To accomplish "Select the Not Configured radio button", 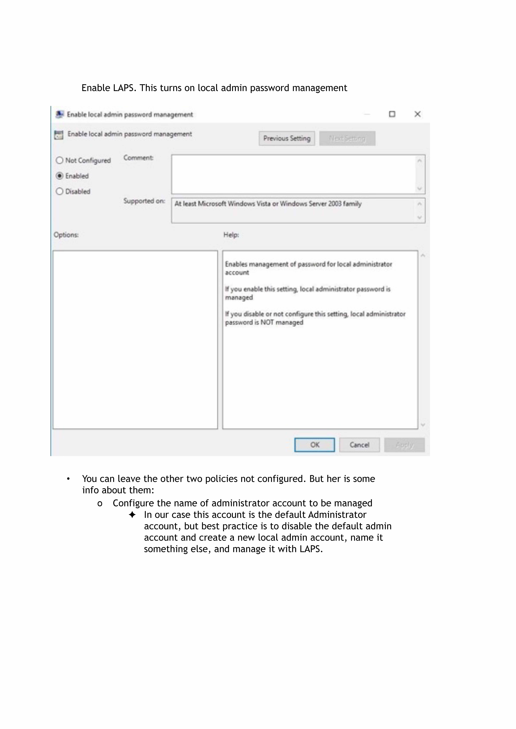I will [x=59, y=160].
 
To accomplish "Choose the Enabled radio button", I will [x=59, y=176].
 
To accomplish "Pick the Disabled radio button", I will [x=59, y=191].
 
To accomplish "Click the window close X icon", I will [x=417, y=114].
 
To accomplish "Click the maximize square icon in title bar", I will [x=392, y=114].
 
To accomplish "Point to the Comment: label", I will [x=138, y=158].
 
